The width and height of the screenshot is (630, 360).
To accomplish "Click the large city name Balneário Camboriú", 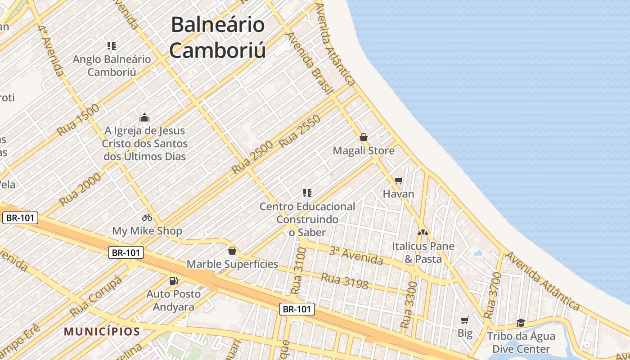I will pyautogui.click(x=217, y=37).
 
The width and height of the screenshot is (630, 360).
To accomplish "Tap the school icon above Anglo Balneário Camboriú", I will pyautogui.click(x=112, y=45).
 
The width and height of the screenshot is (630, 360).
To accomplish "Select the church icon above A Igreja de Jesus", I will pyautogui.click(x=144, y=117).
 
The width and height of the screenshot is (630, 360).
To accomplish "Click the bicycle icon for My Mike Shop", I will pyautogui.click(x=147, y=218).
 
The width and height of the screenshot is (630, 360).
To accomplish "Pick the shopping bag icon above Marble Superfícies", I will pyautogui.click(x=232, y=251).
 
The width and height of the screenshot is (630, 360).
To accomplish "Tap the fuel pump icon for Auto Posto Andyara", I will pyautogui.click(x=173, y=281).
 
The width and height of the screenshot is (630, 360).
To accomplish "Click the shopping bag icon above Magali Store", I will pyautogui.click(x=364, y=137).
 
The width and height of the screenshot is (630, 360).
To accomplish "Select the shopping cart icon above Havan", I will pyautogui.click(x=398, y=181).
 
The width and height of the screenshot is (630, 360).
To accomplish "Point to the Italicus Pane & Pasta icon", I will pyautogui.click(x=423, y=233).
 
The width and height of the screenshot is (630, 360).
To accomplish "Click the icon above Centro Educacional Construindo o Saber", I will pyautogui.click(x=307, y=193).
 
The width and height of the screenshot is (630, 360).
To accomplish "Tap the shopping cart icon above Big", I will pyautogui.click(x=465, y=320).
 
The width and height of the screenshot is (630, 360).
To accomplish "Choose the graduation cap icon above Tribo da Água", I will pyautogui.click(x=521, y=323).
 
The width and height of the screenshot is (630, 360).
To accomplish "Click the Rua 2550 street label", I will pyautogui.click(x=300, y=131).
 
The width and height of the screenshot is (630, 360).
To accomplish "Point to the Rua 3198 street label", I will pyautogui.click(x=344, y=281).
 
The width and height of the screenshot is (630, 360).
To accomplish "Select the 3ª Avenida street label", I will pyautogui.click(x=355, y=255).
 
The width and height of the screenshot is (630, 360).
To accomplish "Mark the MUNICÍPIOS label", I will pyautogui.click(x=102, y=332).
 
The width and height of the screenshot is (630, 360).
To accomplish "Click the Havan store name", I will pyautogui.click(x=398, y=194).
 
